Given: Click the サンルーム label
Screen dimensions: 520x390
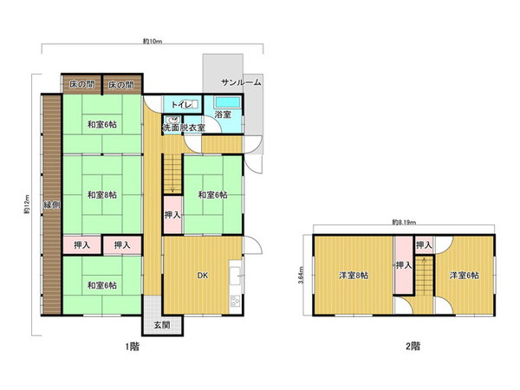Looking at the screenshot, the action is (241, 82).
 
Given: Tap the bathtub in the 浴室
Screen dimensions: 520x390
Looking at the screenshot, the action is (227, 102).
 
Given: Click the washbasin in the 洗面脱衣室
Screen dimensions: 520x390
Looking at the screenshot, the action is (173, 120).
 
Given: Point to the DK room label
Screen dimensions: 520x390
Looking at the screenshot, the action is (203, 276).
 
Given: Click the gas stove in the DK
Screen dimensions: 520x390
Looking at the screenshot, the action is (235, 301).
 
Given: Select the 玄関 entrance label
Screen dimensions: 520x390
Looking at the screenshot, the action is (162, 325).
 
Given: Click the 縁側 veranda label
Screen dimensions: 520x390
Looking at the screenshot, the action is (52, 205).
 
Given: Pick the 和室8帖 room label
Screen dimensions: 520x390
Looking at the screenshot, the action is (101, 195).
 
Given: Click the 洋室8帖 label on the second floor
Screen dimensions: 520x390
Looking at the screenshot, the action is (354, 276).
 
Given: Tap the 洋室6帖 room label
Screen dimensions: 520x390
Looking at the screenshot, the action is (464, 276).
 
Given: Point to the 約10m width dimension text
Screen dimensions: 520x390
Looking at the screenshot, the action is (153, 42).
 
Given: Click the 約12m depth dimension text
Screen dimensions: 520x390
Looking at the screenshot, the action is (26, 205).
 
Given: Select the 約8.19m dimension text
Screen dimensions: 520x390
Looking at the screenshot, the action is (404, 223).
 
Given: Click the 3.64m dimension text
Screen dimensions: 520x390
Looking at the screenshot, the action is (301, 276).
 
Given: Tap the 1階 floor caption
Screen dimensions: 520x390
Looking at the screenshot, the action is (133, 347).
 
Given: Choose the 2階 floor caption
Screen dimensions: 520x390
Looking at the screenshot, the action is (413, 347).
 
